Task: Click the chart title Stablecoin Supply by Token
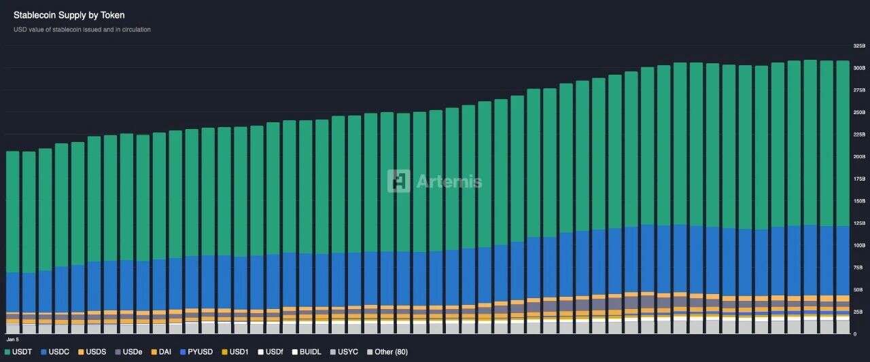click(x=69, y=15)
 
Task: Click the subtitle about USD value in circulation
click(x=82, y=30)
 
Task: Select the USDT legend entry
click(x=20, y=352)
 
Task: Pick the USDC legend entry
click(x=56, y=352)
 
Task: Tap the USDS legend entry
click(x=92, y=352)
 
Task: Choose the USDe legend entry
click(x=128, y=352)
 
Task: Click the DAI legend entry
click(x=161, y=352)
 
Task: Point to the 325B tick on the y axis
click(x=859, y=46)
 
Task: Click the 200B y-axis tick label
click(x=859, y=157)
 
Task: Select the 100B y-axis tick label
click(x=859, y=245)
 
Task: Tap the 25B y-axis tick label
click(x=859, y=312)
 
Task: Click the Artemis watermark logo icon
click(x=399, y=181)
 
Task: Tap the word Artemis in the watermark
click(x=449, y=181)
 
